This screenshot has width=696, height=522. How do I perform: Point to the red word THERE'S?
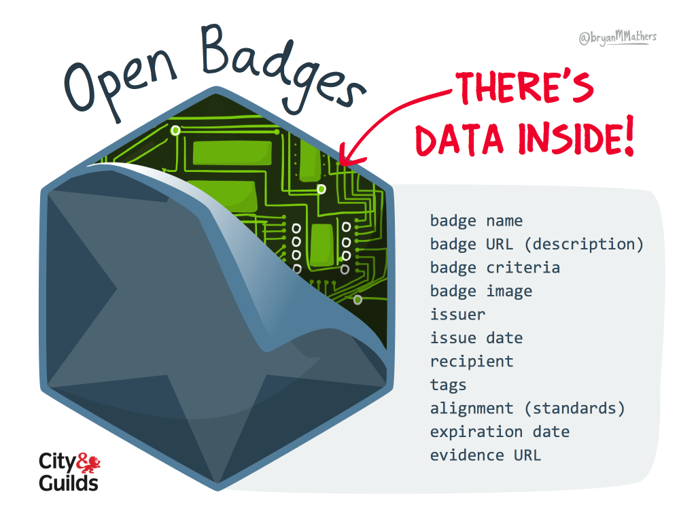(x=524, y=89)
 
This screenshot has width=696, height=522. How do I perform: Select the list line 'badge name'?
(x=476, y=221)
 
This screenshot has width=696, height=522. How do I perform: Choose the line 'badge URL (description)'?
(x=536, y=244)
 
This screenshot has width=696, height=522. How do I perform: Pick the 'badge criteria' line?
(x=495, y=268)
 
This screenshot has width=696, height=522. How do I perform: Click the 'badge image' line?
(x=481, y=292)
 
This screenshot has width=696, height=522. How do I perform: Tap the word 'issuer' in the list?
(x=457, y=315)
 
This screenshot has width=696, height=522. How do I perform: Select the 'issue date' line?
(x=476, y=338)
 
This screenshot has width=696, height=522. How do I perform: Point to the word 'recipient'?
(x=471, y=362)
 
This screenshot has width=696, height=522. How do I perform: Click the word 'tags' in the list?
(x=448, y=385)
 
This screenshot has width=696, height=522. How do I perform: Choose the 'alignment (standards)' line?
(x=527, y=408)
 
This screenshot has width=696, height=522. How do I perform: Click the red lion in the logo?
(x=90, y=464)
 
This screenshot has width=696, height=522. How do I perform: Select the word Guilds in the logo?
(x=69, y=483)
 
